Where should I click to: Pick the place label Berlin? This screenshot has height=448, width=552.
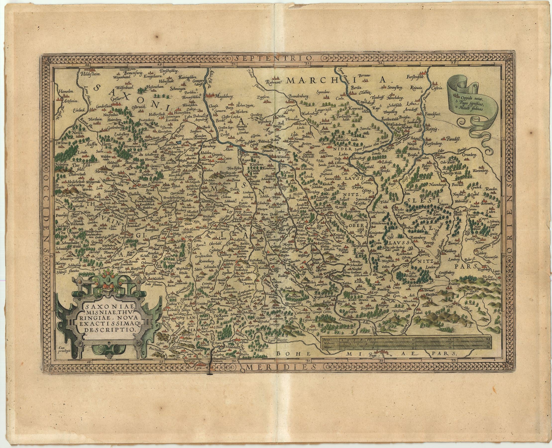(x=357, y=88)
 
